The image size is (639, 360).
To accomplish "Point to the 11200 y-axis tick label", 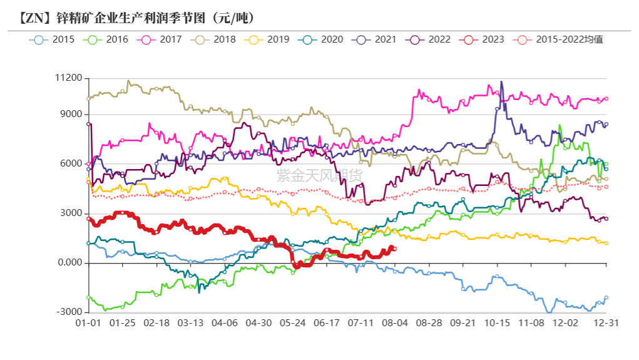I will [69, 78].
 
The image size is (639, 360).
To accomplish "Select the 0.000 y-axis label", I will [70, 263].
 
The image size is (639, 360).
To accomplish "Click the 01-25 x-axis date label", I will [123, 323].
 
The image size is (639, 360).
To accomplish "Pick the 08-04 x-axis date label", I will [396, 323].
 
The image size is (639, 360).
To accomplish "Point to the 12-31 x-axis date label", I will [606, 323].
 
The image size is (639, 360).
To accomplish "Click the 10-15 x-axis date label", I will [498, 323].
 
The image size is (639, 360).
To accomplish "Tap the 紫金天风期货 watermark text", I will [319, 175].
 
